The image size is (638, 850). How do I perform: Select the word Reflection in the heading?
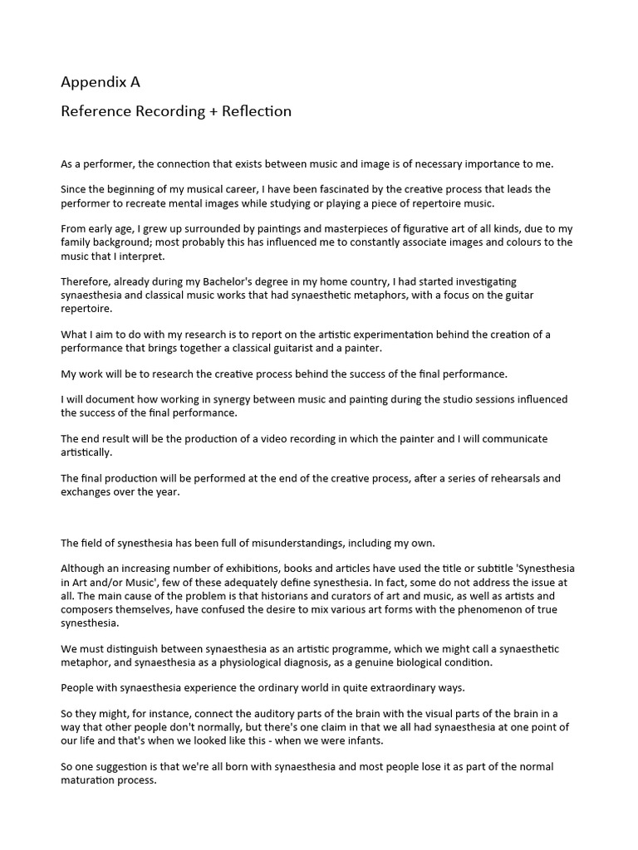[257, 111]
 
